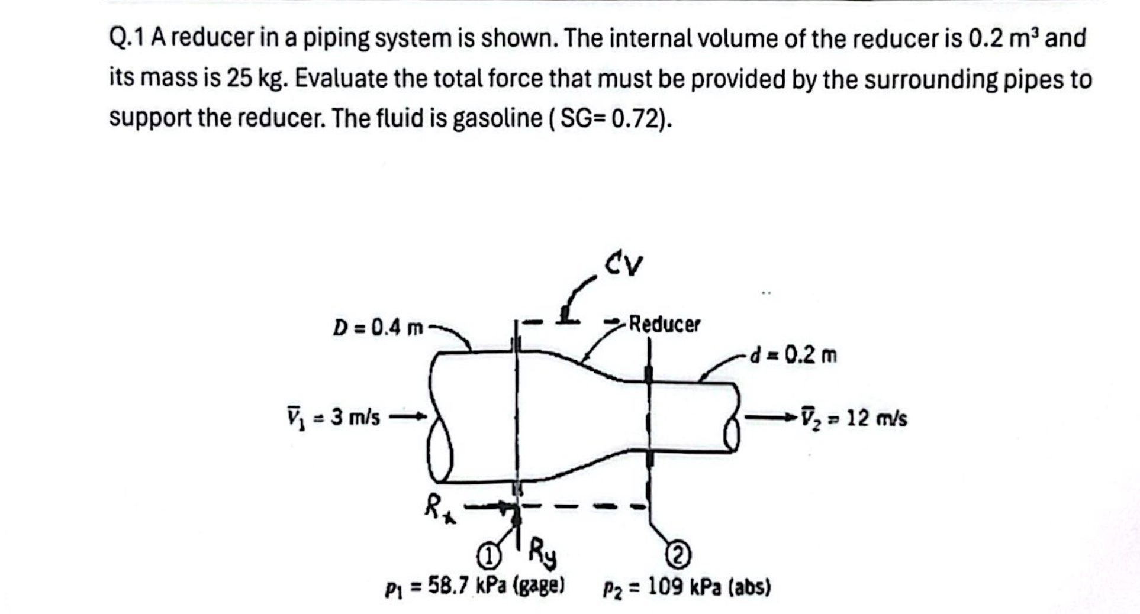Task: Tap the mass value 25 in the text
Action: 239,79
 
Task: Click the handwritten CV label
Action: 624,264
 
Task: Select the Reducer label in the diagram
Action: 664,324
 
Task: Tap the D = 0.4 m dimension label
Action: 378,327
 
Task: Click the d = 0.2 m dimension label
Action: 794,356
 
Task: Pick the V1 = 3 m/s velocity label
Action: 333,418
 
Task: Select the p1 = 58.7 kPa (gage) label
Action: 475,587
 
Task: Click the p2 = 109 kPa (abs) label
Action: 687,587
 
